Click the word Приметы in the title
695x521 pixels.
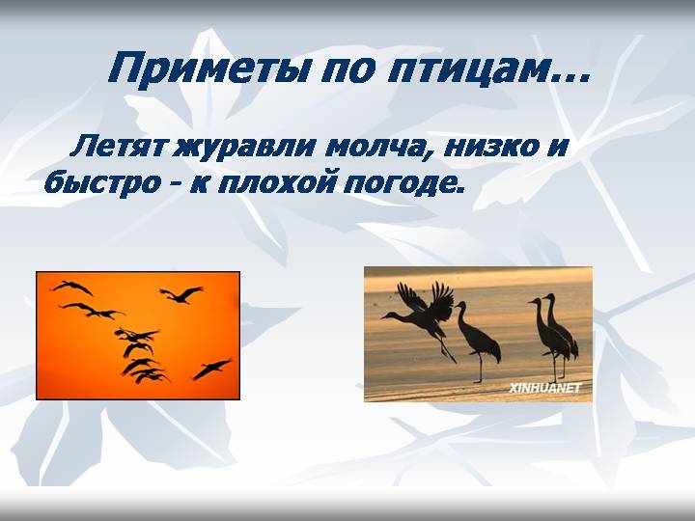208,68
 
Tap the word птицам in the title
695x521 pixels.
467,69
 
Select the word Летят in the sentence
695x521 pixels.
118,147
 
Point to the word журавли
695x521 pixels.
244,148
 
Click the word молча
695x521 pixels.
380,148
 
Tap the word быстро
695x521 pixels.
103,182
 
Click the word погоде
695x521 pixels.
403,183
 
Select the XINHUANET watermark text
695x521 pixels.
544,389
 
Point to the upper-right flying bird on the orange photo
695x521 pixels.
181,294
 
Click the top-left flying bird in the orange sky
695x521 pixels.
72,288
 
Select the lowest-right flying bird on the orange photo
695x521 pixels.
211,369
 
